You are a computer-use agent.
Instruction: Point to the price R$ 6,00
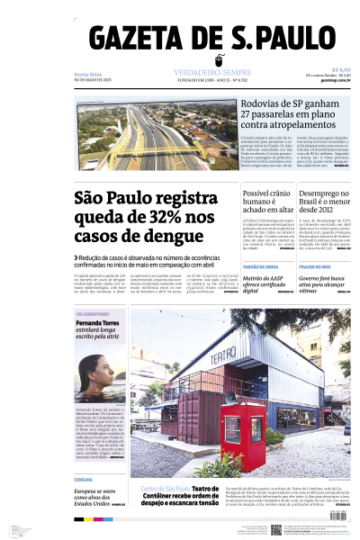(341, 69)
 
